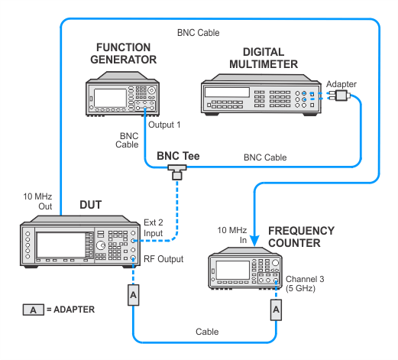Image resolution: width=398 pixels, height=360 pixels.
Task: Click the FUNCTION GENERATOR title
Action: [124, 54]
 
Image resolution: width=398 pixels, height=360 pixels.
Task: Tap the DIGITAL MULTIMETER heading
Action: [264, 58]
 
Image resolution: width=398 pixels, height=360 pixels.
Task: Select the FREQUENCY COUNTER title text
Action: [301, 237]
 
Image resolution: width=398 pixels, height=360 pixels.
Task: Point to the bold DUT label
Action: [91, 205]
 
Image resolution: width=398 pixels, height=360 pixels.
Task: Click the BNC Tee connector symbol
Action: [177, 172]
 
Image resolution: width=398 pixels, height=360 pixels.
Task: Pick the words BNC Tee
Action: [178, 156]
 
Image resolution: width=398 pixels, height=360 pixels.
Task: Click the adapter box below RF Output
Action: [134, 295]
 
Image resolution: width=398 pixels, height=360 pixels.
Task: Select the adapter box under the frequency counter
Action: [276, 310]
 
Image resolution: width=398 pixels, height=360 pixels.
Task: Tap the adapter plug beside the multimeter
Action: [340, 96]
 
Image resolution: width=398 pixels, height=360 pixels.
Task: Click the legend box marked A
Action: [34, 310]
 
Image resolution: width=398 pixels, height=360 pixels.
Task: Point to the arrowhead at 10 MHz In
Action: [254, 241]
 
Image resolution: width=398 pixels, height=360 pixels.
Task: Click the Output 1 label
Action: [164, 125]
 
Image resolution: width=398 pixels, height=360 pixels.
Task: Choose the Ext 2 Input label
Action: [153, 228]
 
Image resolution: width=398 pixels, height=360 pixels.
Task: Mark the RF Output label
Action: [163, 259]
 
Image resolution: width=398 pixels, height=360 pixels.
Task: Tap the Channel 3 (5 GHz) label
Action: [305, 284]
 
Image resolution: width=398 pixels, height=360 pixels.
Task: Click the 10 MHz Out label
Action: [37, 201]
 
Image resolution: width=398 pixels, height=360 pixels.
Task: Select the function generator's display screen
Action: [110, 98]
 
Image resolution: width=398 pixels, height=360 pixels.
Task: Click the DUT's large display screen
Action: [61, 245]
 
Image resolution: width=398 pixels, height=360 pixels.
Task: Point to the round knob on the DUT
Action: [101, 245]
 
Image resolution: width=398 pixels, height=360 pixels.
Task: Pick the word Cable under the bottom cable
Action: [207, 332]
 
